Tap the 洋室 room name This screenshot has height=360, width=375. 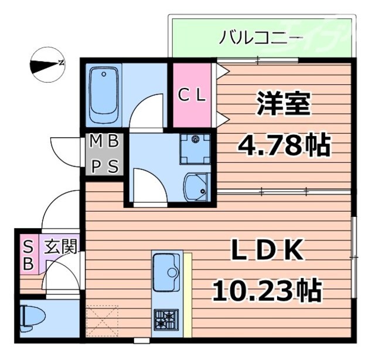coord(283,104)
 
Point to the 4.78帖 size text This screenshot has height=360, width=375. coord(284,144)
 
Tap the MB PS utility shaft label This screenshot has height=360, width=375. coord(105,154)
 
